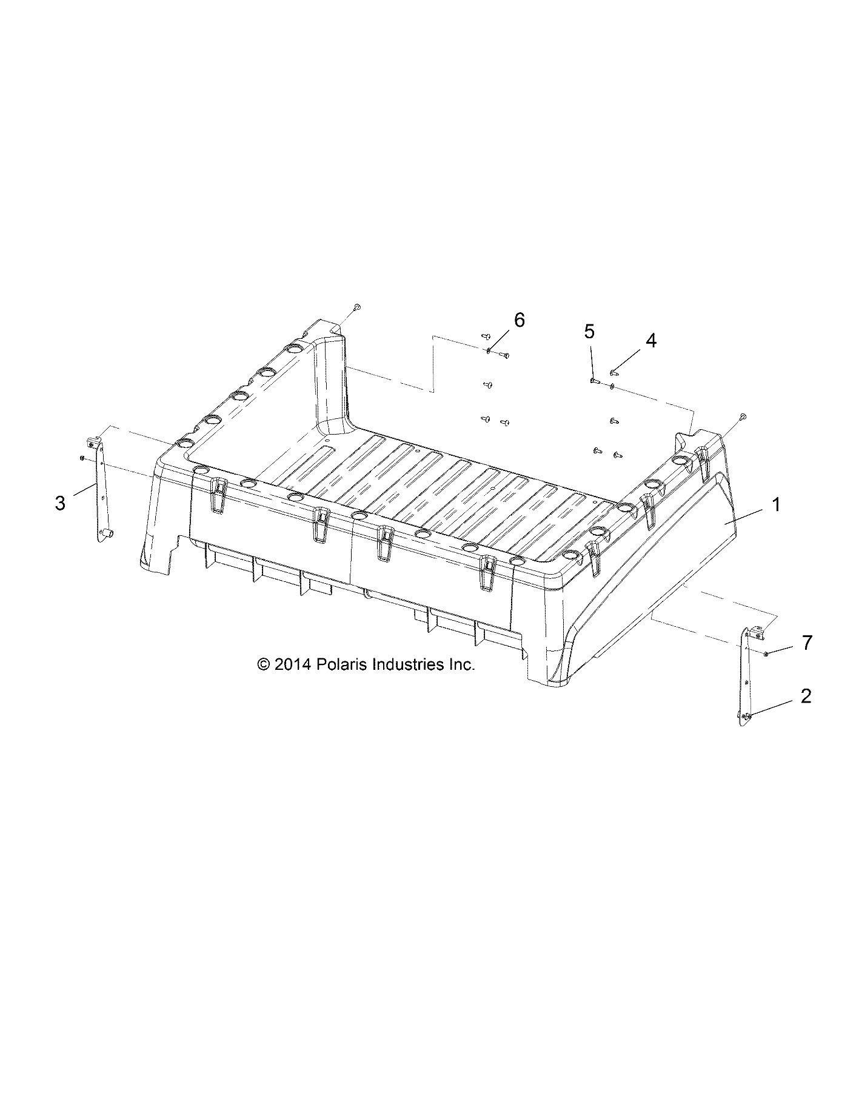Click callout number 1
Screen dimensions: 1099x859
pos(777,505)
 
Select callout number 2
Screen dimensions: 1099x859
pos(806,696)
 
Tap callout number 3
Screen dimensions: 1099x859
pos(60,503)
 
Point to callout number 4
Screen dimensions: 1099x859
pos(650,341)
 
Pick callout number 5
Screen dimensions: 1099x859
pos(589,332)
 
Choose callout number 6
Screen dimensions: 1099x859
pos(520,320)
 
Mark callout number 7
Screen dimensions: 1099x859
pos(806,643)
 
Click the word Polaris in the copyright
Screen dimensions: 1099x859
pos(339,664)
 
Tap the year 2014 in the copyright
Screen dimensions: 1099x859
pos(292,664)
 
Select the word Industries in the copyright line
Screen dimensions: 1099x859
pos(407,664)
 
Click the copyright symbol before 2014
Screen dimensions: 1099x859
pos(263,665)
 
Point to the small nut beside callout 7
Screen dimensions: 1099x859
pos(767,653)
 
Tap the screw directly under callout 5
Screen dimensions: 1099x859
pos(593,381)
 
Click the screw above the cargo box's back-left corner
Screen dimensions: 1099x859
pos(357,308)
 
